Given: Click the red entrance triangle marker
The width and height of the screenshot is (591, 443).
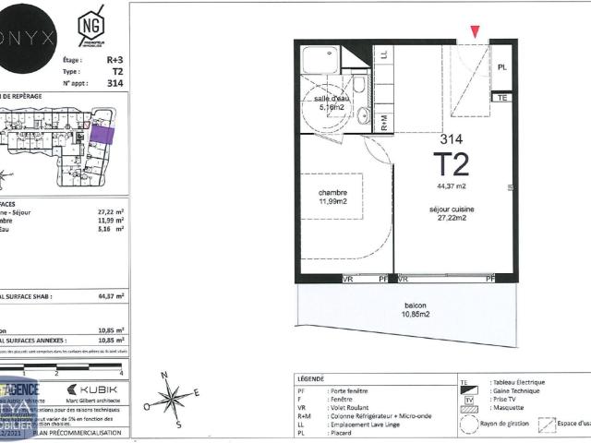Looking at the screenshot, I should [476, 32].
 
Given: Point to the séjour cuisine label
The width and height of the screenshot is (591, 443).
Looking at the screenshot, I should [452, 213].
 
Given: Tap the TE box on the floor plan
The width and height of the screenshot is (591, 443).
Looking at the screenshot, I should [502, 97].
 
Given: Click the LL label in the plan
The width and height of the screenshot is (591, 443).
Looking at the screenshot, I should [384, 54].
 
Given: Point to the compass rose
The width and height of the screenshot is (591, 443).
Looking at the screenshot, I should [173, 398].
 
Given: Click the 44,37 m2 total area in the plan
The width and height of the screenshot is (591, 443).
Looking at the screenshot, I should [452, 185].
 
